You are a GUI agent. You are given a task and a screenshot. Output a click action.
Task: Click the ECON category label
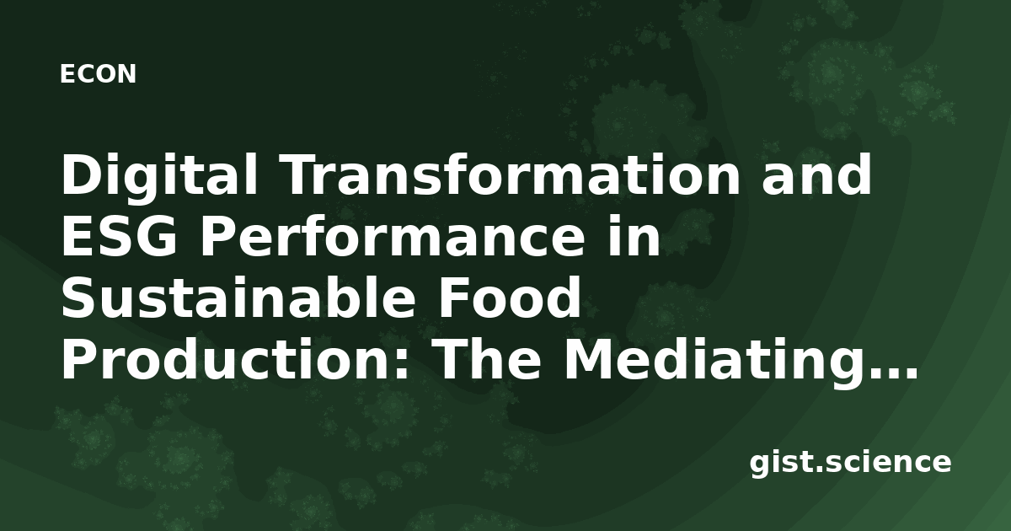pyautogui.click(x=98, y=74)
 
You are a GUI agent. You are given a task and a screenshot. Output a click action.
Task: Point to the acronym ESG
pyautogui.click(x=119, y=237)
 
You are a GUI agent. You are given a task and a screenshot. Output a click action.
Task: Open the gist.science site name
pyautogui.click(x=850, y=464)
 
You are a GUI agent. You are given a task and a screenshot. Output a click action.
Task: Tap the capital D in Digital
pyautogui.click(x=82, y=174)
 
